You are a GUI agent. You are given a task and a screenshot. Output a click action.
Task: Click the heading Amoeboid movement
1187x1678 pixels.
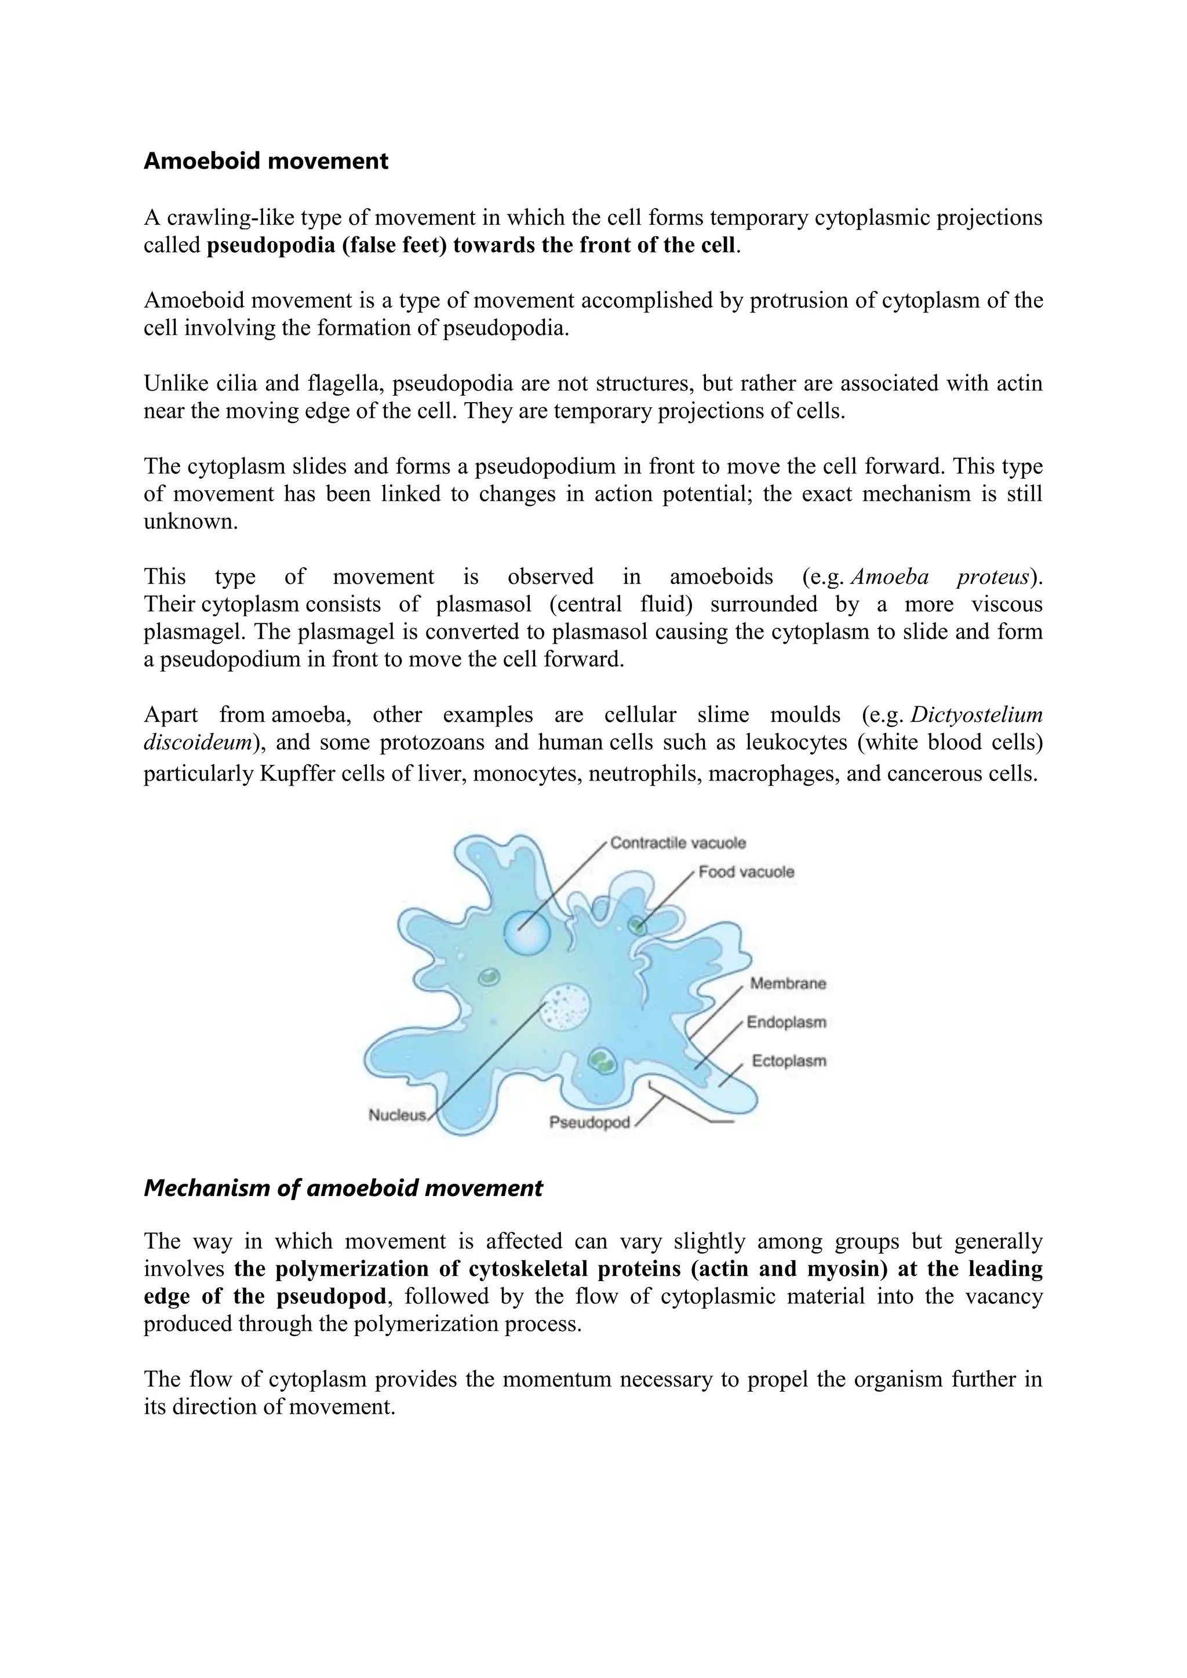[x=265, y=160]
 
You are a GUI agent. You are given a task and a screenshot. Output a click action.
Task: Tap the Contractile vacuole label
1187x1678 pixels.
[x=678, y=842]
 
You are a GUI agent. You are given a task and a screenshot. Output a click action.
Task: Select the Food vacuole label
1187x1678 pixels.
[x=745, y=872]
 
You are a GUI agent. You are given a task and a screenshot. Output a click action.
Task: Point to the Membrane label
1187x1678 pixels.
[x=787, y=984]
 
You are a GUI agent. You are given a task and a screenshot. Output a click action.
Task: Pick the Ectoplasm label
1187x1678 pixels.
[x=789, y=1060]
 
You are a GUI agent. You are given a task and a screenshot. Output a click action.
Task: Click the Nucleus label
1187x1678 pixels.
[x=397, y=1115]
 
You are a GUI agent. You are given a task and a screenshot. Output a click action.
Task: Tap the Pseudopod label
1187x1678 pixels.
[x=589, y=1122]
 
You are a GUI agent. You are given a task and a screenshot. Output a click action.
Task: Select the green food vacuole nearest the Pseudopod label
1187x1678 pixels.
[x=603, y=1060]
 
